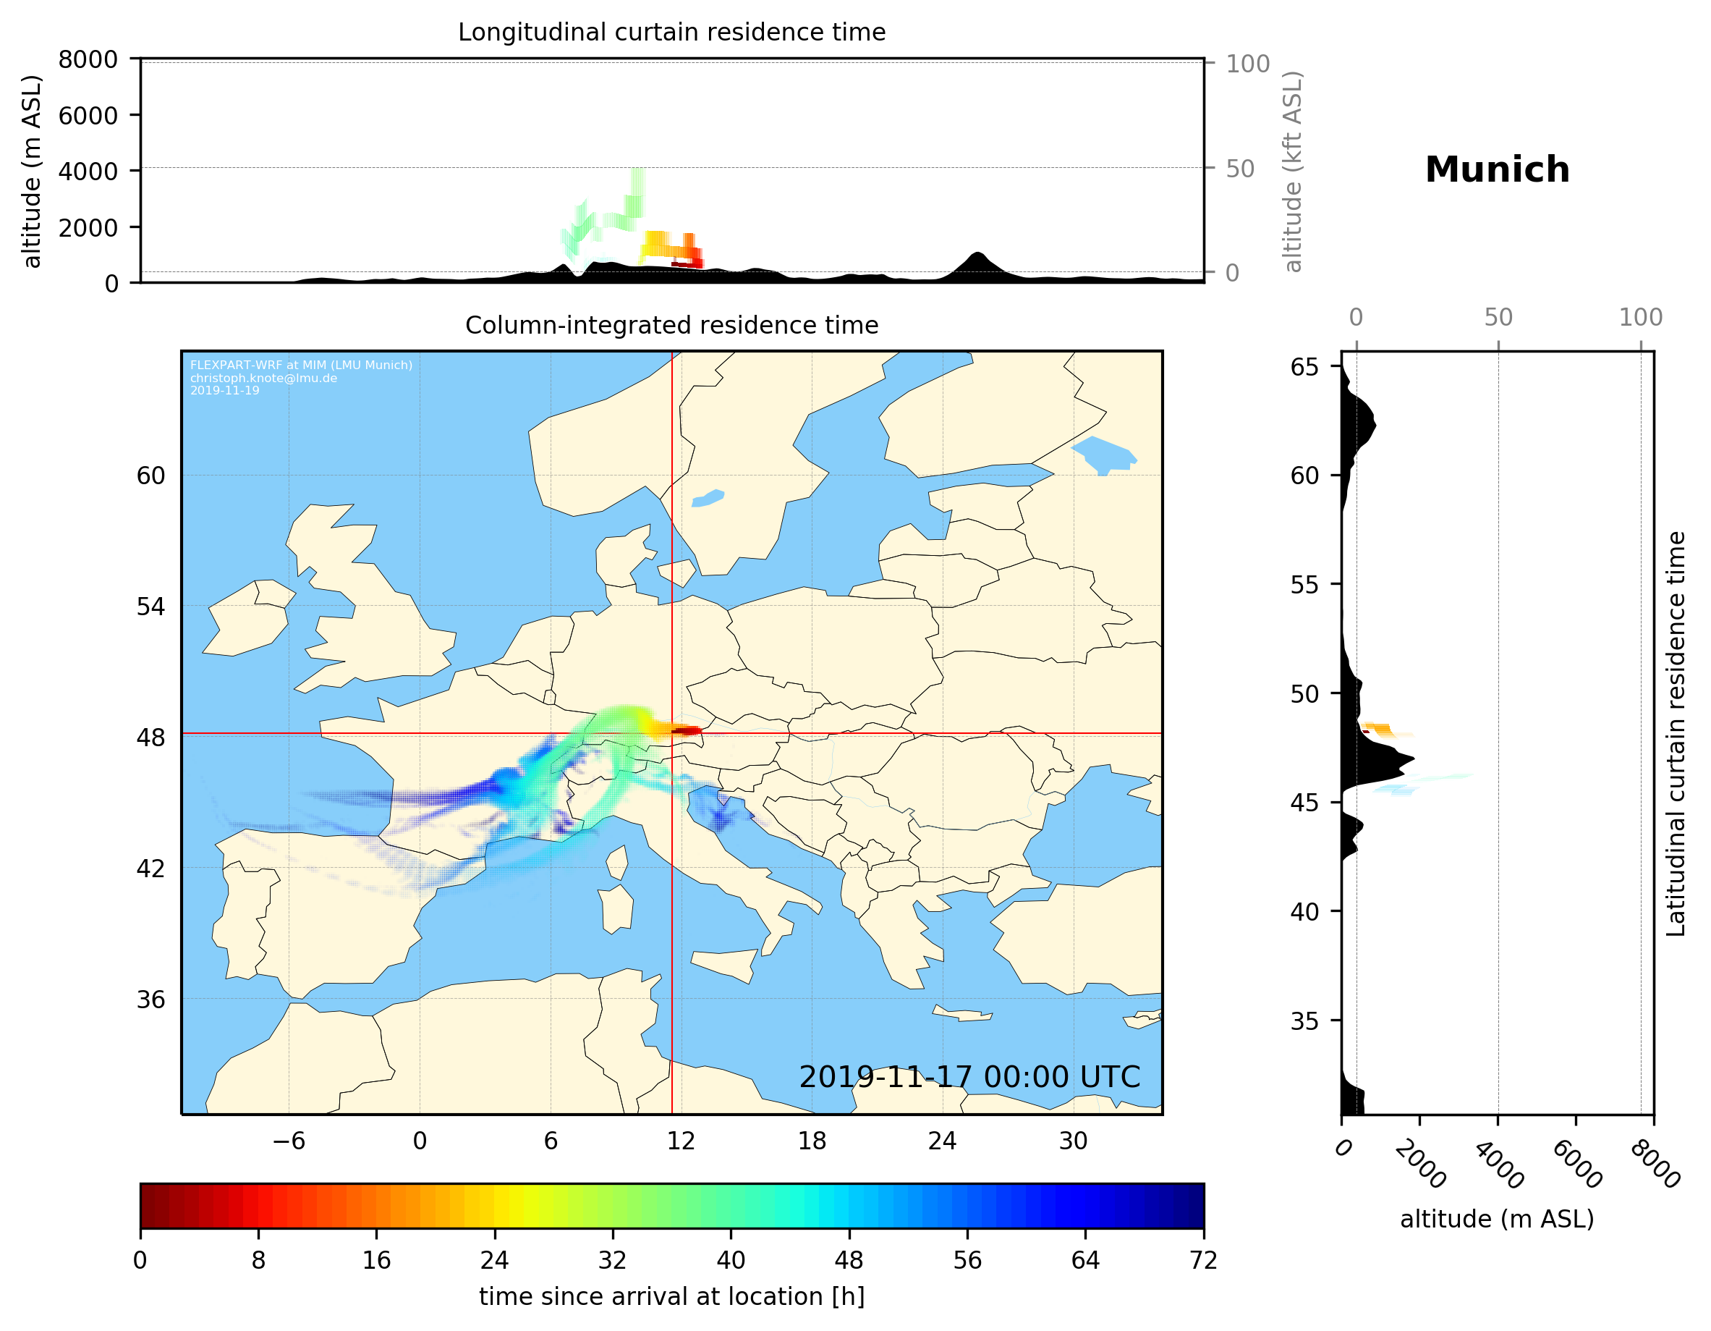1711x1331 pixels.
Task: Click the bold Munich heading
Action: point(1496,170)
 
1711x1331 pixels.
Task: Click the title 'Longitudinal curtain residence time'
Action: point(671,32)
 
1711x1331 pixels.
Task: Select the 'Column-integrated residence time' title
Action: point(671,325)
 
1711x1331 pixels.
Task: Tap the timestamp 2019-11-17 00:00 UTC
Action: point(969,1077)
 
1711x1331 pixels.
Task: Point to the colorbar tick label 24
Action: point(494,1261)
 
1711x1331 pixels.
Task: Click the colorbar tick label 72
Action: point(1203,1261)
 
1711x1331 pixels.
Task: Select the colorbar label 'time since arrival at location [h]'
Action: point(671,1296)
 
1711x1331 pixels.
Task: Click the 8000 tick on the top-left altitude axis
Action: point(88,59)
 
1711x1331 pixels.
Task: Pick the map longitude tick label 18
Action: point(812,1141)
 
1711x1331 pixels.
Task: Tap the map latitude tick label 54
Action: point(150,607)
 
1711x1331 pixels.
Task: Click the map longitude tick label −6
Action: point(288,1141)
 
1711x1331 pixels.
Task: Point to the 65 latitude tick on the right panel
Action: point(1304,367)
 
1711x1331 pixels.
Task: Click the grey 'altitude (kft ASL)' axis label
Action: point(1293,172)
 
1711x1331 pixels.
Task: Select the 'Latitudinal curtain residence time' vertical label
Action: point(1675,734)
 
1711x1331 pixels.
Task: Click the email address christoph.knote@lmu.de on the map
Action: point(263,378)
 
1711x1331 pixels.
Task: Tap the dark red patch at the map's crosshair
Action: point(684,730)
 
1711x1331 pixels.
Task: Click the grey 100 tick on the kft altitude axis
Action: point(1247,64)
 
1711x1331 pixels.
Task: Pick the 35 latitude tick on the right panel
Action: point(1304,1021)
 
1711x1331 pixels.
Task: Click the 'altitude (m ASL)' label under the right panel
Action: point(1496,1219)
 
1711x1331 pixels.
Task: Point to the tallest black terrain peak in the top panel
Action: point(977,255)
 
